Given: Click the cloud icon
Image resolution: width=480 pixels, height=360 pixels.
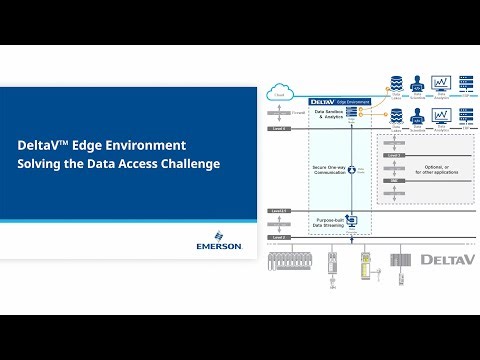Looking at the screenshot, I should (x=281, y=95).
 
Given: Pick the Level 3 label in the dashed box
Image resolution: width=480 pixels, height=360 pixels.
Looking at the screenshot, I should (x=396, y=156).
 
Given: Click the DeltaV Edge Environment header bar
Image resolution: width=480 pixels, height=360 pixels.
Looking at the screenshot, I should (x=340, y=102).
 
